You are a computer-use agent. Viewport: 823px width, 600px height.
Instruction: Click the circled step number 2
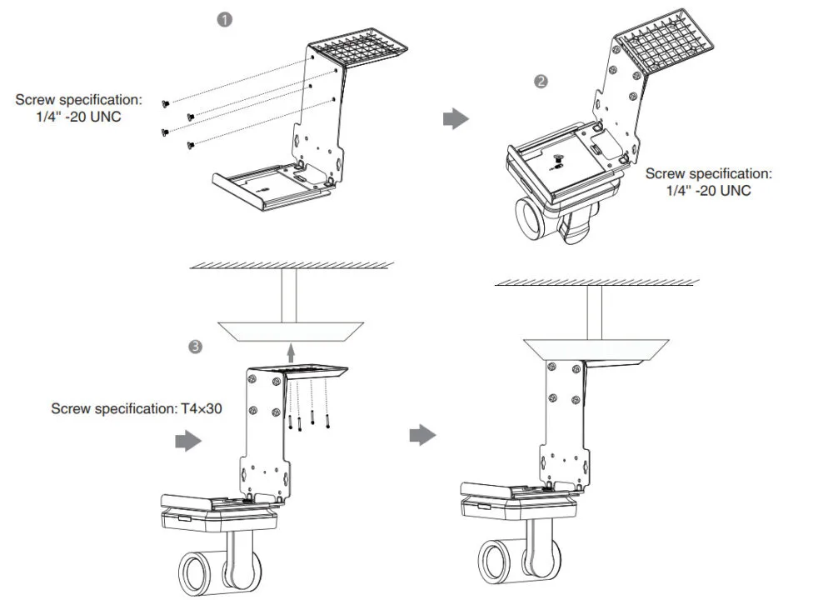pos(541,82)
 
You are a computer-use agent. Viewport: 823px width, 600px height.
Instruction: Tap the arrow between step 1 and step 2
pos(455,120)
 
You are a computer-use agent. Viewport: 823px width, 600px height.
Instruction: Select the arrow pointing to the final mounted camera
pos(425,434)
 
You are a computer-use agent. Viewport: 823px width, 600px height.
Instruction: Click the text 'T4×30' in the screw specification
pos(202,409)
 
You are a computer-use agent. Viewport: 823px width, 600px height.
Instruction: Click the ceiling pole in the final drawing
pos(594,312)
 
